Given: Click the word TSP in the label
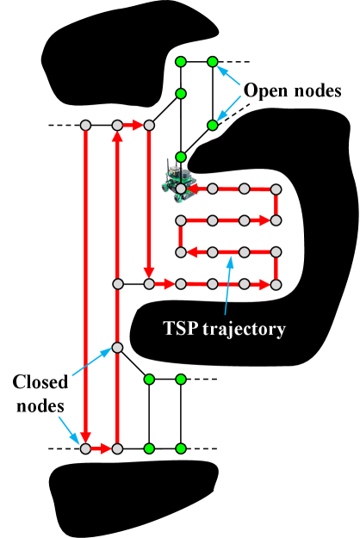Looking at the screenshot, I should (x=180, y=329).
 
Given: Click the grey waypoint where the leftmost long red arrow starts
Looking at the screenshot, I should (x=85, y=126).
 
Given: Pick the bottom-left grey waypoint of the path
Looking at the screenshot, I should (x=85, y=448).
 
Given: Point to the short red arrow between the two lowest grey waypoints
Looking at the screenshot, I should (x=101, y=448).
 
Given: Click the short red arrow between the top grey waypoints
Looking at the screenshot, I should (x=133, y=126).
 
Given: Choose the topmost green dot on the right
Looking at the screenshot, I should (x=213, y=62).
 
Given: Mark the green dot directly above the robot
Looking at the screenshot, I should (x=181, y=157).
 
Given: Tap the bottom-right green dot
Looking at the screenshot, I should (x=181, y=448).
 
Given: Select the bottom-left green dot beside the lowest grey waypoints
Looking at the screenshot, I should (x=149, y=448).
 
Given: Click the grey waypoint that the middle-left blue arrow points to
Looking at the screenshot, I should (x=117, y=348).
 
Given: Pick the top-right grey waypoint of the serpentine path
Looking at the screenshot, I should (x=276, y=189).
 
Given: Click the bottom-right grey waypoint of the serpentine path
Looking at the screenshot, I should (x=276, y=284).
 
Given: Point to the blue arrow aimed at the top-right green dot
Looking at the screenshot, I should (x=229, y=75).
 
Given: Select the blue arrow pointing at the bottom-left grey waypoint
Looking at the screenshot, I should (x=68, y=430).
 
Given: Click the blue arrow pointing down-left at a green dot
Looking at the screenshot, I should (x=229, y=108).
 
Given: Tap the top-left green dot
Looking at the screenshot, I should (x=181, y=62).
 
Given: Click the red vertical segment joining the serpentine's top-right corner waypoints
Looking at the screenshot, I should (x=276, y=205).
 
